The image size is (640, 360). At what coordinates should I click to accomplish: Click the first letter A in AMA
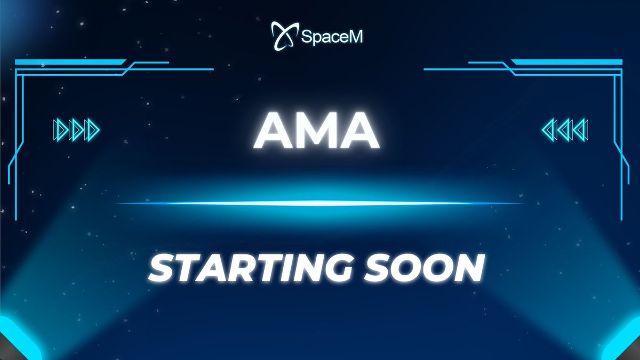pyautogui.click(x=273, y=132)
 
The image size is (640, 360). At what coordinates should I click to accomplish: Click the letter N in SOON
pyautogui.click(x=468, y=268)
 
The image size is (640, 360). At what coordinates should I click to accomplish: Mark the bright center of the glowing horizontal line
pyautogui.click(x=320, y=203)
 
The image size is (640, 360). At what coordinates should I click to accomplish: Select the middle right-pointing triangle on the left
pyautogui.click(x=76, y=130)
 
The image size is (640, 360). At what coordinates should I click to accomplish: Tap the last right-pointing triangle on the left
pyautogui.click(x=92, y=130)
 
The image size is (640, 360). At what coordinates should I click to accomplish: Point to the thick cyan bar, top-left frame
pyautogui.click(x=69, y=62)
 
